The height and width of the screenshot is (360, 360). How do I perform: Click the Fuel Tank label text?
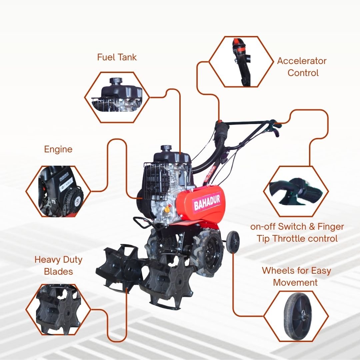pos(117,57)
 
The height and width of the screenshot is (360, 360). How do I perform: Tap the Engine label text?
pos(58,149)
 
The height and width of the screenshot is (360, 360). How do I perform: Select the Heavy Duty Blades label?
pos(58,265)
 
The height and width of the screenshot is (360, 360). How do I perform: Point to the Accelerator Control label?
pos(302,67)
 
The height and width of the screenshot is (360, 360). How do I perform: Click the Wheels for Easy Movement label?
pos(296,276)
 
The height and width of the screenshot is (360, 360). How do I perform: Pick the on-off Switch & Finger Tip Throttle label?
pos(297,233)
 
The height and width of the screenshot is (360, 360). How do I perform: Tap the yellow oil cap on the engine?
pos(167,209)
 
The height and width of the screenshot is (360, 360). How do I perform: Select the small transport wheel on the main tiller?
pos(233,242)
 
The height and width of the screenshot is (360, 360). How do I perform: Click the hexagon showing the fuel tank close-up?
pos(117,97)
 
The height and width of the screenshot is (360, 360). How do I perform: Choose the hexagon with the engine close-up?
pos(58,191)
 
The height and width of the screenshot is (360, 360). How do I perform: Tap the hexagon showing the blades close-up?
pos(58,310)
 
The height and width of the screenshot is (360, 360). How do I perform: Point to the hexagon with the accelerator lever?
pos(241,62)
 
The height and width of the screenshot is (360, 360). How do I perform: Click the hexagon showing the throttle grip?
pos(296,191)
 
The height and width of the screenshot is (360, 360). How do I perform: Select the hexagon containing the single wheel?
pos(296,316)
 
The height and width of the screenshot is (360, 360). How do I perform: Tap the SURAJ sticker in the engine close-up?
pos(66,186)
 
